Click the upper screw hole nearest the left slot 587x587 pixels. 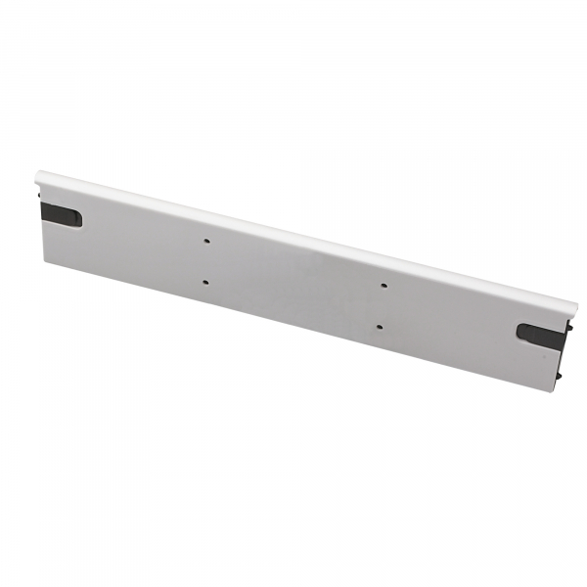coord(207,240)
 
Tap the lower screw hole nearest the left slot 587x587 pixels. coord(205,283)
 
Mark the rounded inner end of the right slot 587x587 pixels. coord(520,331)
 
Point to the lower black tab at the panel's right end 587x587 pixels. coord(559,373)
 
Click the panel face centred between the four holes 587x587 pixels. coord(293,284)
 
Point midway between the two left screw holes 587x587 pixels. coord(206,261)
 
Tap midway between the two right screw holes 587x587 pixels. coord(381,307)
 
